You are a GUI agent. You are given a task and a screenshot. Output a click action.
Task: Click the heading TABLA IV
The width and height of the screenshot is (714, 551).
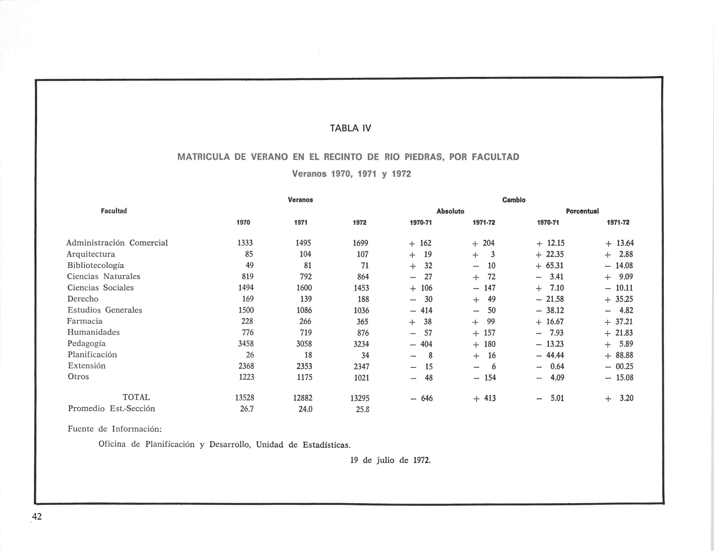pos(350,128)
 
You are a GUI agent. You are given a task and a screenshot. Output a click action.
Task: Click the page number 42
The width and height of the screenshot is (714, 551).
pos(37,516)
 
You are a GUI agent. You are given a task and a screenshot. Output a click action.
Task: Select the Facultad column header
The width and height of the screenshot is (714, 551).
pos(114,211)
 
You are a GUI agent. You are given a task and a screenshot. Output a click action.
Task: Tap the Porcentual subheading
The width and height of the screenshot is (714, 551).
pos(582,211)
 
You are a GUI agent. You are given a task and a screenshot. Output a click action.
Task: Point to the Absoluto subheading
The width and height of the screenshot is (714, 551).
pos(450,211)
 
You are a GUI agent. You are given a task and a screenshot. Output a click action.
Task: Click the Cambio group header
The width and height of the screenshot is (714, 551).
pos(514,200)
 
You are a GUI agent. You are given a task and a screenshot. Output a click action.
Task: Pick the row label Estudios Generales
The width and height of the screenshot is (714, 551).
pos(105,310)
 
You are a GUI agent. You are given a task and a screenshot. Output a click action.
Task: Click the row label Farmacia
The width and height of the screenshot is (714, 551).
pos(85,321)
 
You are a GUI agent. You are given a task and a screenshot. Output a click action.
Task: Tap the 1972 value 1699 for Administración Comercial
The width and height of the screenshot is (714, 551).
pos(360,243)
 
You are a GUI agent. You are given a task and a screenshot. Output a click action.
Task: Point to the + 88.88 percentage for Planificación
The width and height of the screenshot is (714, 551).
pos(619,355)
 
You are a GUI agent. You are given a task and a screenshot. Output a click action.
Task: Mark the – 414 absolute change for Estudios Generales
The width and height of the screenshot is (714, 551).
pos(422,310)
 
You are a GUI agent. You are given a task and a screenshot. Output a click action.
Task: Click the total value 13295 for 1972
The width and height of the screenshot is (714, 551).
pos(360,398)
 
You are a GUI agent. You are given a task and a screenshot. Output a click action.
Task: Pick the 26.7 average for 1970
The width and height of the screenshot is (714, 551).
pos(247,409)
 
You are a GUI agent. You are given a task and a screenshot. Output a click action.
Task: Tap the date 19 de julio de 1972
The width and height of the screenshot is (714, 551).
pos(390,460)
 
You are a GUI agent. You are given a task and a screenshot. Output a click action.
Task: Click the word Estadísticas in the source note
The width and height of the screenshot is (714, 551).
pos(326,445)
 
